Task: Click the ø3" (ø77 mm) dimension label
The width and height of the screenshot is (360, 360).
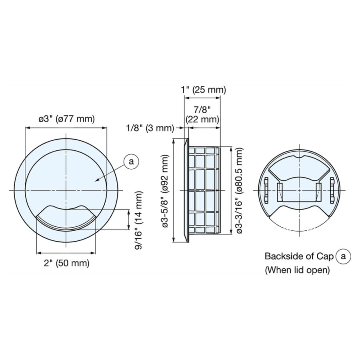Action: point(66,119)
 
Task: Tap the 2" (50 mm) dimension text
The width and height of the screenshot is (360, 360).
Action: point(66,263)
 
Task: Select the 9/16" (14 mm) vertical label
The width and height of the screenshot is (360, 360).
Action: point(139,221)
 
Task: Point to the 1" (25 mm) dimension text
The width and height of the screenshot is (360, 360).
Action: point(204,90)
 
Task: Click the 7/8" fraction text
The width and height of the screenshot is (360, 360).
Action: point(202,110)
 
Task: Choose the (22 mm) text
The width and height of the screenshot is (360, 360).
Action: point(202,119)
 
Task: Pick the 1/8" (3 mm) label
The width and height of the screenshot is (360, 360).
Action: point(150,128)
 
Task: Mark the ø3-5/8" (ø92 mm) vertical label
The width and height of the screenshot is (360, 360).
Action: point(165,191)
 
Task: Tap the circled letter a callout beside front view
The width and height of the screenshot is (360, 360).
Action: point(131,162)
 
